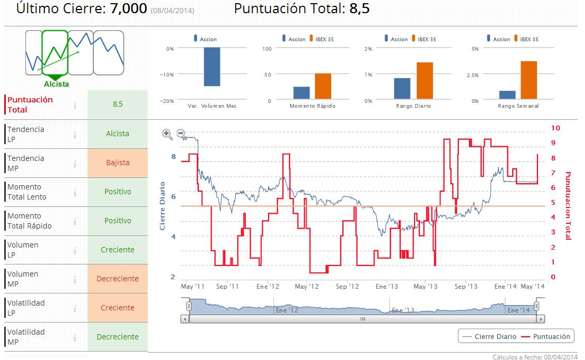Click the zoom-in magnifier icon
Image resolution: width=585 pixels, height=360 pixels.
tap(167, 134)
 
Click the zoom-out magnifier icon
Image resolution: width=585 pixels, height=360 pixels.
tap(181, 134)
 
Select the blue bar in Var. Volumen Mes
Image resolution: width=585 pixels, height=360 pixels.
tap(212, 67)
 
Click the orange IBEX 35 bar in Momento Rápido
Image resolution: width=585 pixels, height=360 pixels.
tap(323, 86)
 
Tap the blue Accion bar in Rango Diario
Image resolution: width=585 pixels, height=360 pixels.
tap(402, 88)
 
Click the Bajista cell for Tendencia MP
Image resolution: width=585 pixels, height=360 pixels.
tap(118, 163)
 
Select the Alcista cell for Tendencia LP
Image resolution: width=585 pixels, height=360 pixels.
tap(118, 134)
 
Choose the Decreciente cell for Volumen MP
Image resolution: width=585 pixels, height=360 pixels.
tap(118, 279)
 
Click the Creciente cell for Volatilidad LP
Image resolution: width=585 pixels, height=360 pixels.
tap(118, 308)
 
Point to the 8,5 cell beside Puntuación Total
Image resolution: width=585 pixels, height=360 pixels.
tap(118, 104)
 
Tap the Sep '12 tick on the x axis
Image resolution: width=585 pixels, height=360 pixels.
tap(347, 287)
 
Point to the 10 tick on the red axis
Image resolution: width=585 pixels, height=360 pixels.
tap(555, 128)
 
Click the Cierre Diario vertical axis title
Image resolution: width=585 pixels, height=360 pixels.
tap(162, 206)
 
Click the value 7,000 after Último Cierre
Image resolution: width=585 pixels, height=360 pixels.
tap(129, 9)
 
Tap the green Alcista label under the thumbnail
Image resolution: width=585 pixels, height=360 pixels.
tap(56, 84)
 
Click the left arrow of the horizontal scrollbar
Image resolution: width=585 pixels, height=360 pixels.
tap(185, 319)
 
